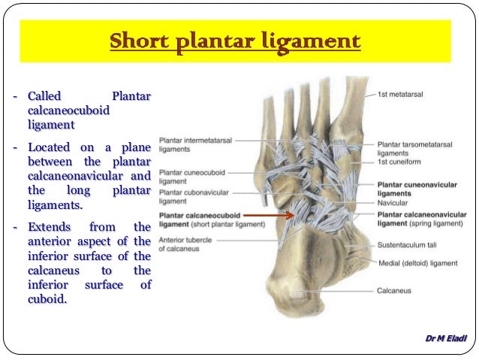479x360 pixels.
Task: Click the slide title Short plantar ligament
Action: tap(235, 41)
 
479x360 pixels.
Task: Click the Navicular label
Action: tap(393, 203)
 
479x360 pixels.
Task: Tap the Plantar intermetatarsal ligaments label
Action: tap(195, 144)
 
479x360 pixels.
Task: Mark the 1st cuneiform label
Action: tap(398, 162)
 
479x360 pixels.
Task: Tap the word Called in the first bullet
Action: tap(44, 97)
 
